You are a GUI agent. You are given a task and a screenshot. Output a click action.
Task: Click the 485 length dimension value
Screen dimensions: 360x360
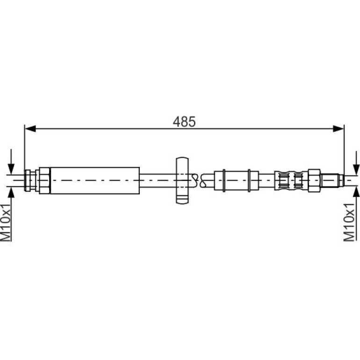[x=184, y=122]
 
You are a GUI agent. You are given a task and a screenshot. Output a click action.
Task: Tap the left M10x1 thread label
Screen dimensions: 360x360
[x=6, y=222]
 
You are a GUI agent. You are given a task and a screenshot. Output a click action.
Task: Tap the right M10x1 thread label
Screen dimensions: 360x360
[x=349, y=222]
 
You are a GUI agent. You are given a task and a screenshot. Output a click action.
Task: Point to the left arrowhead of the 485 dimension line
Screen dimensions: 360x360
[x=30, y=129]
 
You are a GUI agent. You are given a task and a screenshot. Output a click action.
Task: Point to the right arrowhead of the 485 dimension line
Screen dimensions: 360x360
[x=338, y=129]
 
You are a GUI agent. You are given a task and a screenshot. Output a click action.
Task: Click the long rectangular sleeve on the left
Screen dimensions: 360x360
[x=95, y=180]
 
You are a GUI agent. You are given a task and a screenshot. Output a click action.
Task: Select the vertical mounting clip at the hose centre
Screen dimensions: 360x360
[x=182, y=180]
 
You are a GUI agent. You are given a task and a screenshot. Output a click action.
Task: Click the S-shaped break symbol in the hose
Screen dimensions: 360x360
[x=199, y=180]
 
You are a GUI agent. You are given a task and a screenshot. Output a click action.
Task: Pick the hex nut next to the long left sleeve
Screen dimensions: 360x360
[x=44, y=180]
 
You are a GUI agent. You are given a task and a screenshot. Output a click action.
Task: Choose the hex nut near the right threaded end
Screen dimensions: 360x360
[x=314, y=180]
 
